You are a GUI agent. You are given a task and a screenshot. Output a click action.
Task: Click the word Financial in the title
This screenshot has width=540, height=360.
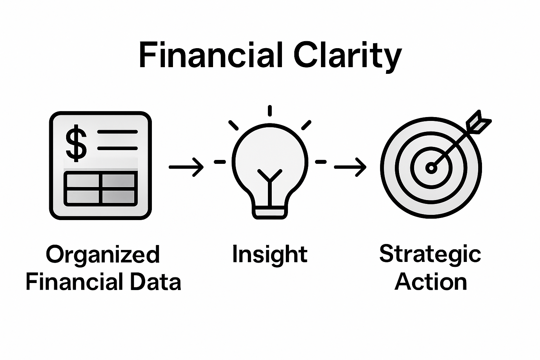point(210,55)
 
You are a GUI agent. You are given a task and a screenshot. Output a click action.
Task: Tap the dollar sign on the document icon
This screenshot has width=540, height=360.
point(76,144)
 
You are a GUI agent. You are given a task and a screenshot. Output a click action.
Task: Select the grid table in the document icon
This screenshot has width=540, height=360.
point(101,188)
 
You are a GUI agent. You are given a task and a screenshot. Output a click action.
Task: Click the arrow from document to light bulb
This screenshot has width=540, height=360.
point(186,167)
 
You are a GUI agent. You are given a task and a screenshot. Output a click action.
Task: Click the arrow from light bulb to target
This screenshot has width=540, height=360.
point(350,167)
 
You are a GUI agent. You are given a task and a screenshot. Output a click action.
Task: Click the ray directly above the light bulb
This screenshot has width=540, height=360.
point(270,110)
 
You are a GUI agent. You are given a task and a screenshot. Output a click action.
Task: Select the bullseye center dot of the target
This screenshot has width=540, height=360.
point(431,168)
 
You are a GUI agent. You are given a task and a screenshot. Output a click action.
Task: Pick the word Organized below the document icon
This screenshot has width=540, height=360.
point(103,255)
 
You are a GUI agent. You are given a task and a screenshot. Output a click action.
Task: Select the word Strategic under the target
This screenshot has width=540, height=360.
point(430,254)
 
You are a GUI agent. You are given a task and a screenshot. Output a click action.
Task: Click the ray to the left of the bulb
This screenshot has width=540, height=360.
point(220,162)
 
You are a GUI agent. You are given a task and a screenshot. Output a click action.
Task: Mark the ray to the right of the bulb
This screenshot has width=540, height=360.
point(321,162)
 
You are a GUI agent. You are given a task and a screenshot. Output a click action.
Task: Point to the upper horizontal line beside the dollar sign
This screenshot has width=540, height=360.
point(117,132)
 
